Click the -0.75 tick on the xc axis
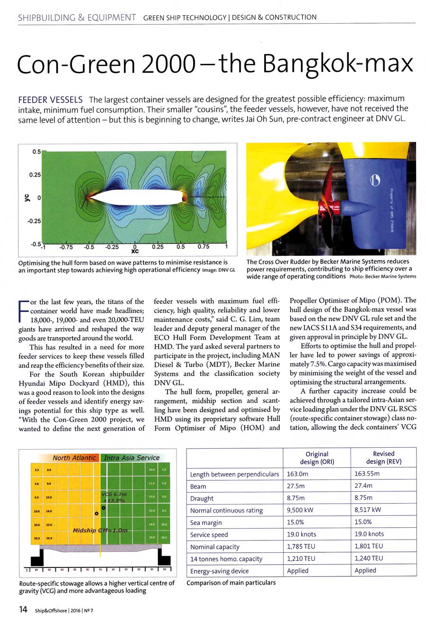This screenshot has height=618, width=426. tap(66, 246)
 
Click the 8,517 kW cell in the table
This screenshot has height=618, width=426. tap(369, 510)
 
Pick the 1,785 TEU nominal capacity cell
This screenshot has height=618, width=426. tap(302, 547)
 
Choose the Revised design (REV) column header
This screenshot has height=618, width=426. tap(383, 457)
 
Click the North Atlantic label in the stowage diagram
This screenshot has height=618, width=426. tap(74, 458)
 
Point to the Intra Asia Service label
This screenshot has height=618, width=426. tap(132, 458)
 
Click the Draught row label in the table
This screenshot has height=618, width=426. tap(202, 498)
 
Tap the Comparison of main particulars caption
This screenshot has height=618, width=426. tap(231, 583)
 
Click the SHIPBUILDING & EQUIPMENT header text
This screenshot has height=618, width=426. tap(77, 17)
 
